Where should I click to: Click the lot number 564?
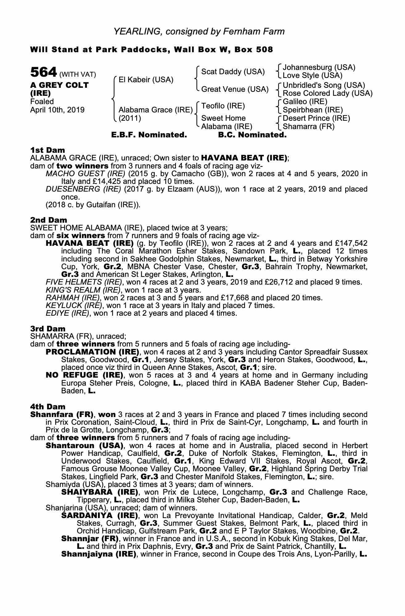(43, 72)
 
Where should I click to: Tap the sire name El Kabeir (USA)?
(146, 80)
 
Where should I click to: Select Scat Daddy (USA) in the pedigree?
(233, 72)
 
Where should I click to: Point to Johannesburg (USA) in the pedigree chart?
(319, 67)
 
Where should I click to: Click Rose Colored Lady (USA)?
(327, 93)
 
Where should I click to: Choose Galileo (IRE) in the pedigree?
(305, 102)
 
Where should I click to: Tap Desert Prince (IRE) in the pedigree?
(316, 118)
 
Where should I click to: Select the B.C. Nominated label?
(252, 135)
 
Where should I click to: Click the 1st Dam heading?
(47, 150)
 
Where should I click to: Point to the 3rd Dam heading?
(48, 329)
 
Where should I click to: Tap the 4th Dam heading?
(48, 407)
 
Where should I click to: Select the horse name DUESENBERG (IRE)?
(83, 189)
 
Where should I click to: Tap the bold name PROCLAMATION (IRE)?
(92, 352)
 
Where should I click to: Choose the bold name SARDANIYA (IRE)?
(100, 515)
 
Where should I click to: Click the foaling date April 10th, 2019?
(57, 110)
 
